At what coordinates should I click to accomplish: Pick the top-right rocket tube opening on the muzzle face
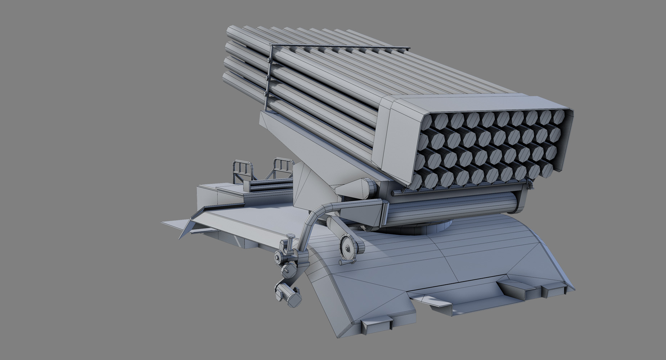point(559,117)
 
